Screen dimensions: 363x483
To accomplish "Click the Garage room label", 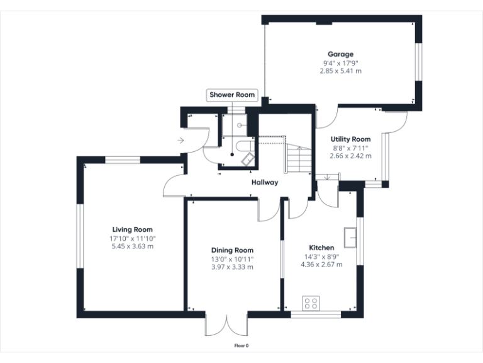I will [340, 54].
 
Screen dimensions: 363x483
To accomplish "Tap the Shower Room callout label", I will [232, 95].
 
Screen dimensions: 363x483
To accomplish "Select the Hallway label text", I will [264, 183].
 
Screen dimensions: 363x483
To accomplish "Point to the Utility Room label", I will [350, 139].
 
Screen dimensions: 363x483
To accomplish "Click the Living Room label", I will [133, 229].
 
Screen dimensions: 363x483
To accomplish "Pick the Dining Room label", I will [232, 250].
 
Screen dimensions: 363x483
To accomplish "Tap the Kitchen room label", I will [321, 248].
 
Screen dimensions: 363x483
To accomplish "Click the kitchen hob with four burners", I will [311, 303].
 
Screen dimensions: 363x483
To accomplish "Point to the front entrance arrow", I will [180, 140].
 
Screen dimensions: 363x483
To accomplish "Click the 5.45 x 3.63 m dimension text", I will [133, 246].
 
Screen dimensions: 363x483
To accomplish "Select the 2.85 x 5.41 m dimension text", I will [340, 71].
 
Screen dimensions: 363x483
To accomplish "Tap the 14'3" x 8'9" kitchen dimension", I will [321, 256].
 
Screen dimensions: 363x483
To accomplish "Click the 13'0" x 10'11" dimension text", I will [232, 259].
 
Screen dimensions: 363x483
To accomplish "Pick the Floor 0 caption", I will [241, 345].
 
